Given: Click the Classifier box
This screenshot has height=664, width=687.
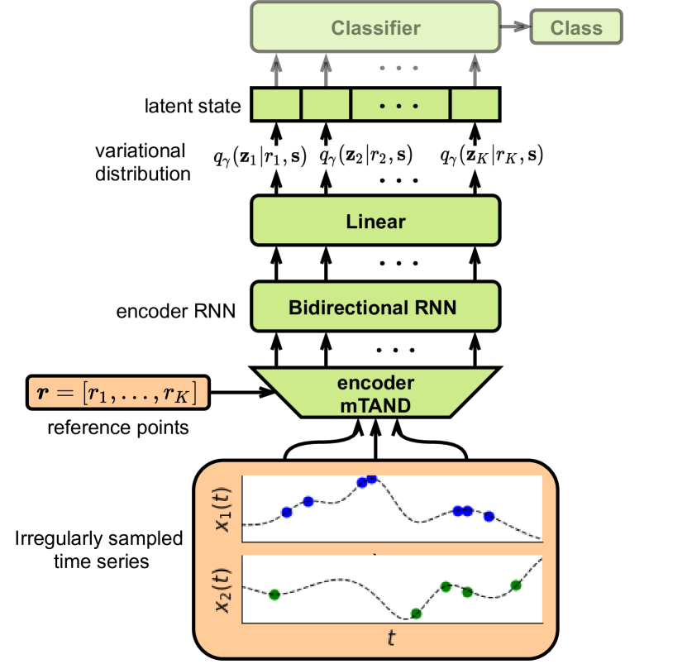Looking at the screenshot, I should pyautogui.click(x=375, y=27).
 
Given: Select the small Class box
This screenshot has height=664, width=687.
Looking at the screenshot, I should pyautogui.click(x=575, y=27).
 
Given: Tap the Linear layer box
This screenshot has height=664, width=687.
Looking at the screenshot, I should pyautogui.click(x=375, y=221).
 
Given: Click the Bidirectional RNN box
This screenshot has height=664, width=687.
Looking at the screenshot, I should pyautogui.click(x=375, y=308).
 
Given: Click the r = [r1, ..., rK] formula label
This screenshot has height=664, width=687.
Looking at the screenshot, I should pyautogui.click(x=117, y=394).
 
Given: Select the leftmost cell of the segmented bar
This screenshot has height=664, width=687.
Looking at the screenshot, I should pyautogui.click(x=276, y=105).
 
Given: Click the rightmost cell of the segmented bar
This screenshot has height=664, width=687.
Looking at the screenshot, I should pyautogui.click(x=475, y=105).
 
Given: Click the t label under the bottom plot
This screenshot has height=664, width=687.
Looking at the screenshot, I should pyautogui.click(x=391, y=638).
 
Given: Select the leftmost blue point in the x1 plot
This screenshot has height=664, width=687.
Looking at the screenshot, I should pyautogui.click(x=287, y=513).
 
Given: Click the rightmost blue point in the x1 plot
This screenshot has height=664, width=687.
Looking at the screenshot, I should pyautogui.click(x=489, y=516).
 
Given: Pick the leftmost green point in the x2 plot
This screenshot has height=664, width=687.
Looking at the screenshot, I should pyautogui.click(x=274, y=595).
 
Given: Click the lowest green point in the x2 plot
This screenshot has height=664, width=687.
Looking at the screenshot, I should pyautogui.click(x=416, y=614).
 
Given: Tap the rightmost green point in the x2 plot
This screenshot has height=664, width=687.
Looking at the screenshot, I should pyautogui.click(x=516, y=585).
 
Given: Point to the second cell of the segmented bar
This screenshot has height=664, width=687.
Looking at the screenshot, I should pyautogui.click(x=326, y=105).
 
